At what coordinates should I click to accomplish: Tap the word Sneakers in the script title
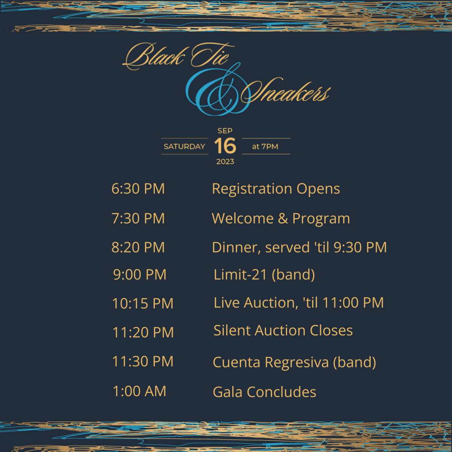(286, 92)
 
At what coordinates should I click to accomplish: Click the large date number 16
(225, 146)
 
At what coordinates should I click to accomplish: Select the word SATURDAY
(184, 147)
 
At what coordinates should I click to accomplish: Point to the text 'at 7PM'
(265, 147)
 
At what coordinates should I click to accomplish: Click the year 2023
(225, 162)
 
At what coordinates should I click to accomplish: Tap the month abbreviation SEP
(225, 131)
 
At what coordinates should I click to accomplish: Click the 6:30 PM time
(138, 189)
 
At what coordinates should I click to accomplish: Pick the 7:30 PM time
(138, 218)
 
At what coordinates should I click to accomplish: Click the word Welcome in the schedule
(243, 218)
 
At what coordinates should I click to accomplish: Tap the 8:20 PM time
(138, 247)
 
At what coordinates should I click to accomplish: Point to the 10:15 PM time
(143, 303)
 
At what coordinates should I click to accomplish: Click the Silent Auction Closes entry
(283, 330)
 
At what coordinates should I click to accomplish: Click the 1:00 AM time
(140, 391)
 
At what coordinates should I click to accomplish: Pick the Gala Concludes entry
(264, 392)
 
